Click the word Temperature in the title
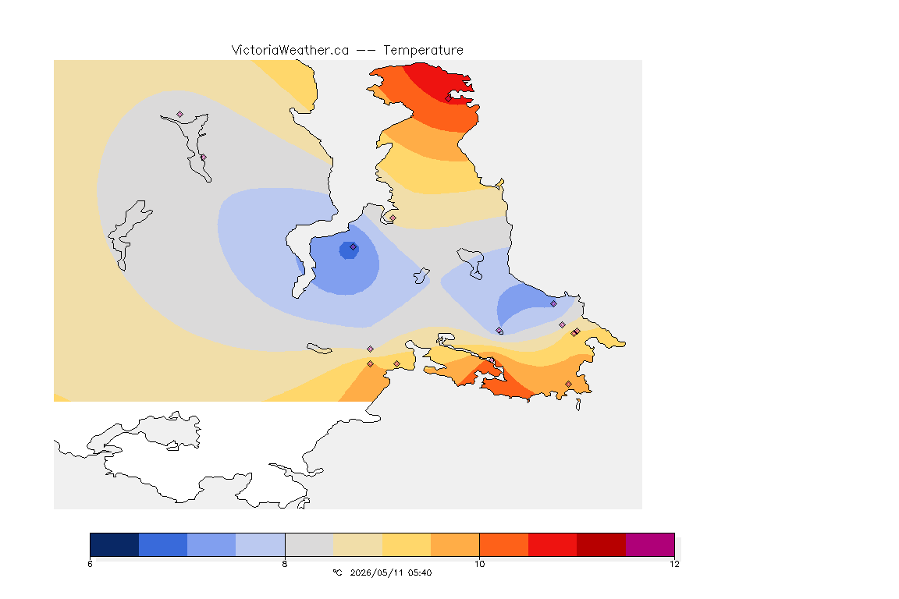pos(423,50)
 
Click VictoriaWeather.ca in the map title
pos(290,50)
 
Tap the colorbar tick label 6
pos(90,564)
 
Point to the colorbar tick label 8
pos(285,564)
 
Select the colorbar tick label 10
pos(479,564)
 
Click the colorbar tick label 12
pos(674,564)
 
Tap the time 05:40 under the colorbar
pos(420,572)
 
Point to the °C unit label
pos(337,572)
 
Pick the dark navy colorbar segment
pos(115,544)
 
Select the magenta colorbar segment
pos(649,544)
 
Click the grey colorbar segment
pos(309,544)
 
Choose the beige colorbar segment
pos(357,544)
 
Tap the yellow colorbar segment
pos(407,544)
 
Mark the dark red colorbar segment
pos(601,544)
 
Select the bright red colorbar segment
pos(553,544)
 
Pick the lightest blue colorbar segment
pos(261,544)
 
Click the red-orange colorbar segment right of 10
pos(504,544)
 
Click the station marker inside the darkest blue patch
pos(354,247)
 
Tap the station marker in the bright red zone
pos(449,98)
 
